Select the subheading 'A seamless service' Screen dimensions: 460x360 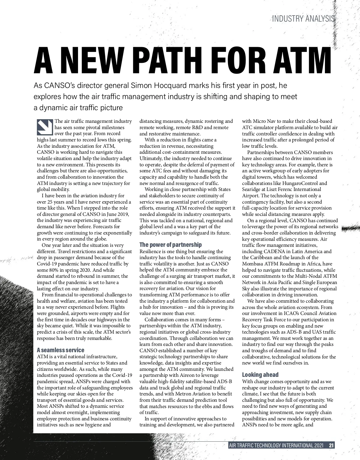[60, 350]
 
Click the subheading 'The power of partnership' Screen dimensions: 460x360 [170, 245]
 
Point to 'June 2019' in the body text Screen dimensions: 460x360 [118, 214]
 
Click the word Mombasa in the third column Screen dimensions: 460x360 [253, 264]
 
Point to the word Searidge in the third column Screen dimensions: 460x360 [252, 189]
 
